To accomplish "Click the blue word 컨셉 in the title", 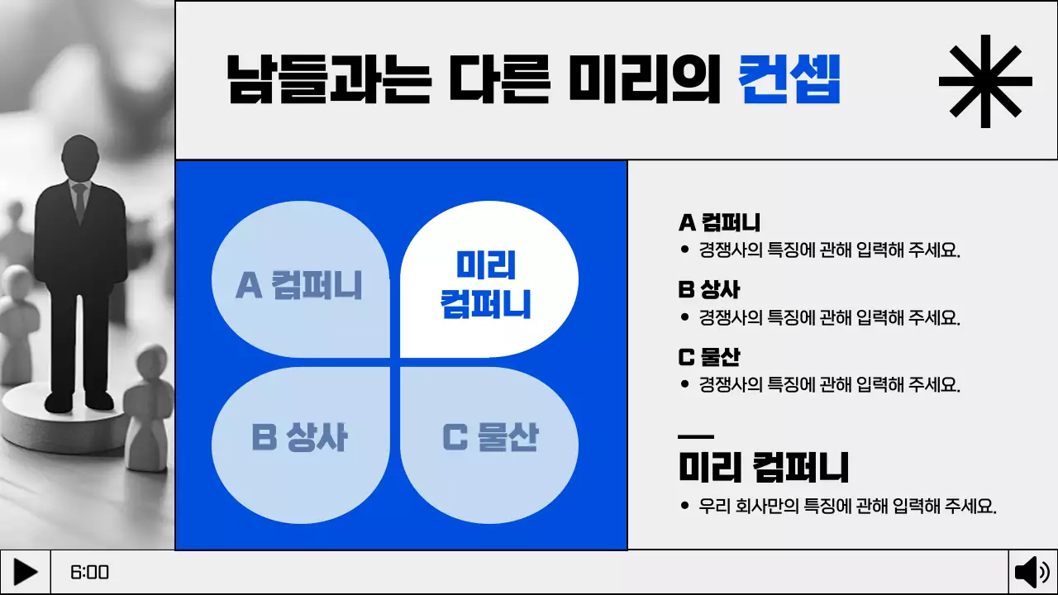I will (x=789, y=80).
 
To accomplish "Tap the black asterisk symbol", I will (x=985, y=81).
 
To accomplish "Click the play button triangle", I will (x=26, y=572).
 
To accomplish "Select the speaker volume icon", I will (x=1032, y=572).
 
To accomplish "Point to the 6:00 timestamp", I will (x=90, y=573).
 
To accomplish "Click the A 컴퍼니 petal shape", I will (x=300, y=285).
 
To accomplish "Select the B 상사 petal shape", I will (x=300, y=438).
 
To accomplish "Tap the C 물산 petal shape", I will (x=490, y=438).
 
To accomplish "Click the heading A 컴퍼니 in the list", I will (x=719, y=223).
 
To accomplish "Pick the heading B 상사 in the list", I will (x=708, y=290).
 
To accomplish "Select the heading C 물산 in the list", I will (x=708, y=357).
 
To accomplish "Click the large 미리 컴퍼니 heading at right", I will (x=763, y=468).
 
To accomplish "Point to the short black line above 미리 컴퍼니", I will (x=695, y=436).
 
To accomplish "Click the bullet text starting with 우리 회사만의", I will (x=847, y=507).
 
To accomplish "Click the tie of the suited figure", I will (x=79, y=201).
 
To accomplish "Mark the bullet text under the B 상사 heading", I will (x=829, y=317).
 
